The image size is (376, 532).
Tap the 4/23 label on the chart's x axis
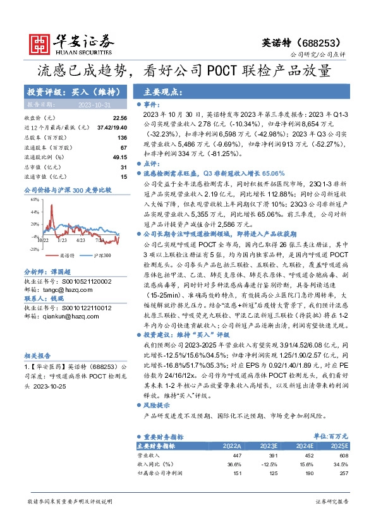pyautogui.click(x=80, y=241)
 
